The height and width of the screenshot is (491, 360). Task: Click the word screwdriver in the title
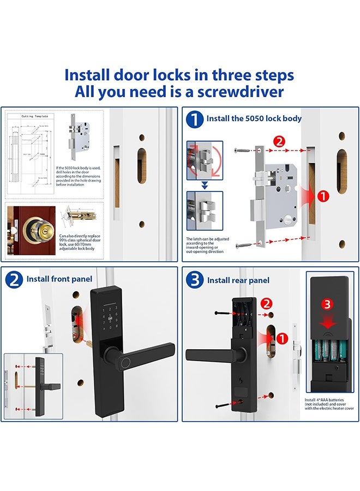tap(238, 91)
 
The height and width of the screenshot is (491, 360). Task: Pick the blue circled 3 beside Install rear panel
tap(195, 280)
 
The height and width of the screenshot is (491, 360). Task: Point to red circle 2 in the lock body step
tap(279, 142)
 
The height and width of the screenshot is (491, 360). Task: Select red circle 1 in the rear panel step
tap(281, 339)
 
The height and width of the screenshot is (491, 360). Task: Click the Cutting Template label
tap(34, 116)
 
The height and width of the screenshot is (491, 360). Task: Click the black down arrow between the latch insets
tap(205, 185)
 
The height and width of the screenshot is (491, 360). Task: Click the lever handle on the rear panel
tap(207, 355)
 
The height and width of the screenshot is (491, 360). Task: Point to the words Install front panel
tap(59, 279)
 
